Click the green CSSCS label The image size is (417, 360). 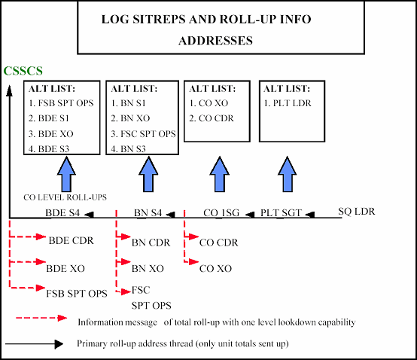[x=22, y=72]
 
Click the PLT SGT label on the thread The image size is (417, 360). [x=282, y=213]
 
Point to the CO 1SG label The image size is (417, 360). [x=221, y=213]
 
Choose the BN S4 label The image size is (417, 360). [x=148, y=213]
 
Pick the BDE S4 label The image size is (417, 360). [x=62, y=213]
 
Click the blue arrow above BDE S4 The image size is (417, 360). [x=67, y=175]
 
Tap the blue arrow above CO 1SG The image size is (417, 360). [x=219, y=175]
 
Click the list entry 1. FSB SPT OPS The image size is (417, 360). [x=60, y=102]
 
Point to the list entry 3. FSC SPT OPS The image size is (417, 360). [x=143, y=133]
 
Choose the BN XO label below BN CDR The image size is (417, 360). [x=148, y=268]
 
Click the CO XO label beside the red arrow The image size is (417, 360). [x=215, y=268]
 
